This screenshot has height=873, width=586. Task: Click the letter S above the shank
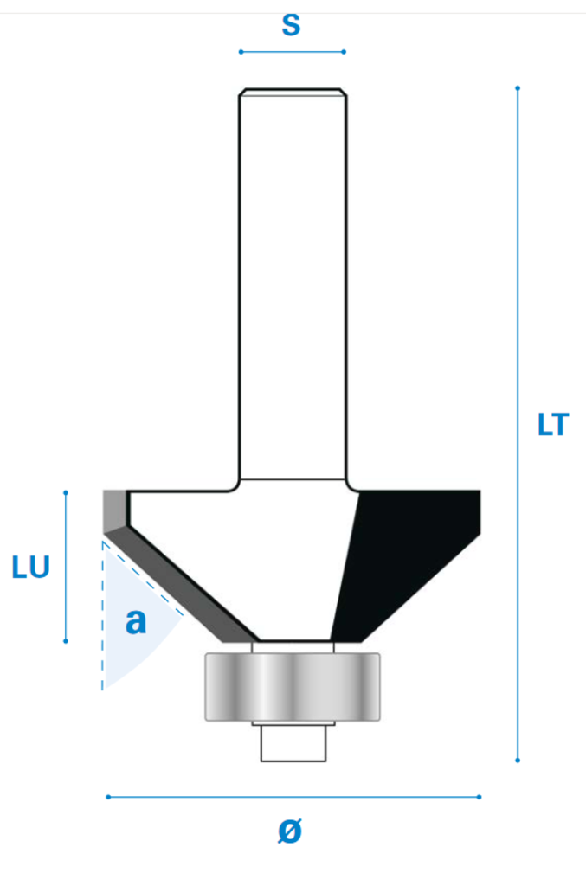point(292,25)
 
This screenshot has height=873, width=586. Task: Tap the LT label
point(553,425)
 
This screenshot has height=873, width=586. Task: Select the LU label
point(31,568)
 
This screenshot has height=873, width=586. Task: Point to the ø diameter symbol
point(290,831)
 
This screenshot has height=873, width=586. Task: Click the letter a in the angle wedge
point(136,620)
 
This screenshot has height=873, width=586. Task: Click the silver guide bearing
point(293,687)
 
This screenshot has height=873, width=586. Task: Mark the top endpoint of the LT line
point(518,88)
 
